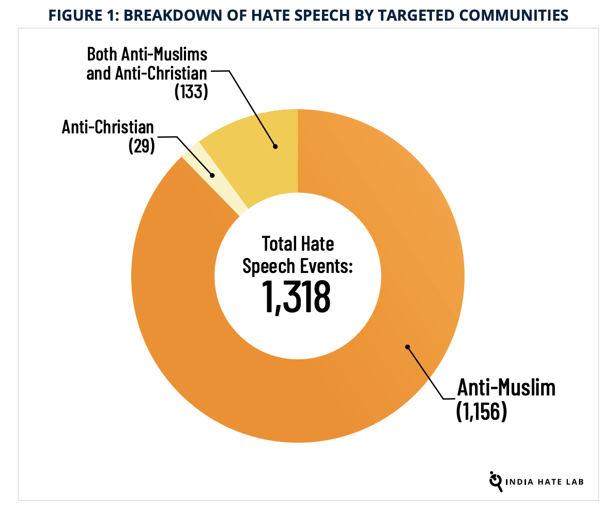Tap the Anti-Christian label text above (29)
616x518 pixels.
tap(108, 127)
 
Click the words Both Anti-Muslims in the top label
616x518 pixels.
tap(147, 54)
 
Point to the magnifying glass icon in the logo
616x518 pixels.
tap(496, 481)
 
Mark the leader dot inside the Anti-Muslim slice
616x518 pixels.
tap(407, 346)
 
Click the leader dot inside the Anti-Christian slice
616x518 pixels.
tap(212, 175)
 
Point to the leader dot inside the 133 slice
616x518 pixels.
tap(275, 146)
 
